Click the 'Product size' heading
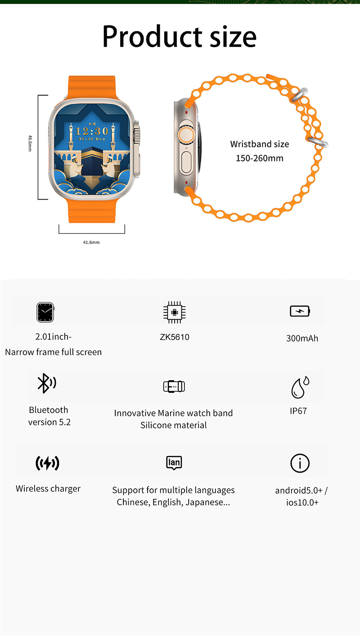pyautogui.click(x=179, y=37)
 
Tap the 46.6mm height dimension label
pyautogui.click(x=30, y=143)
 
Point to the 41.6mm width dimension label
pyautogui.click(x=91, y=242)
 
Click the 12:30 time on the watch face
pyautogui.click(x=92, y=131)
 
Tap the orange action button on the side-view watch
pyautogui.click(x=186, y=134)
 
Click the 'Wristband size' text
pyautogui.click(x=260, y=144)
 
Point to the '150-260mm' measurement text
pyautogui.click(x=260, y=158)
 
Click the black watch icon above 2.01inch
pyautogui.click(x=45, y=313)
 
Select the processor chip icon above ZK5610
pyautogui.click(x=175, y=313)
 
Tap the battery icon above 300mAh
pyautogui.click(x=300, y=311)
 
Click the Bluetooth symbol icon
pyautogui.click(x=47, y=383)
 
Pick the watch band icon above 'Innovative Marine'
pyautogui.click(x=174, y=387)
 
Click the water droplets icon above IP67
pyautogui.click(x=300, y=387)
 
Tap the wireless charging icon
pyautogui.click(x=47, y=463)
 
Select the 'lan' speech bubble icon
pyautogui.click(x=174, y=463)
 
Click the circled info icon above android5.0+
pyautogui.click(x=300, y=463)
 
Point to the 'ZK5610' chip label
pyautogui.click(x=175, y=337)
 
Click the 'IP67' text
pyautogui.click(x=298, y=411)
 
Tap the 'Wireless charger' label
pyautogui.click(x=48, y=489)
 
